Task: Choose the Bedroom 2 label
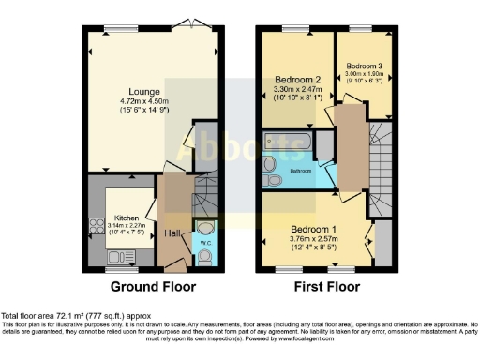(299, 79)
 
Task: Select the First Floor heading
(328, 287)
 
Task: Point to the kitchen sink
(97, 255)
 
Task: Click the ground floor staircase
(204, 201)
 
